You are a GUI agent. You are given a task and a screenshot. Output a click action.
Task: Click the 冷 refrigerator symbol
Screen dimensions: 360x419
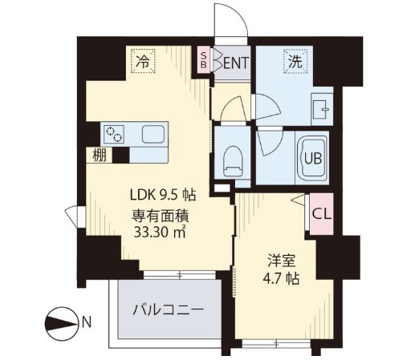click(x=143, y=59)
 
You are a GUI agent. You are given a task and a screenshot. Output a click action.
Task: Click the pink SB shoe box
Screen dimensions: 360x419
click(x=204, y=60)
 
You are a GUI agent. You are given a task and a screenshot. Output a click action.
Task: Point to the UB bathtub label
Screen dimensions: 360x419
click(x=313, y=157)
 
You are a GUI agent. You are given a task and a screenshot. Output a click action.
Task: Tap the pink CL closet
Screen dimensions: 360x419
click(x=319, y=215)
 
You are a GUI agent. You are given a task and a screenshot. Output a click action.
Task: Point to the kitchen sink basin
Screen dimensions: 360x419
click(x=152, y=133)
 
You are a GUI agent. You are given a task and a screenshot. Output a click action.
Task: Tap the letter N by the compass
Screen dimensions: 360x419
click(x=85, y=324)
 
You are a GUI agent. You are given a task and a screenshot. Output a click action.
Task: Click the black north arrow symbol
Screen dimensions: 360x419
click(x=59, y=324)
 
